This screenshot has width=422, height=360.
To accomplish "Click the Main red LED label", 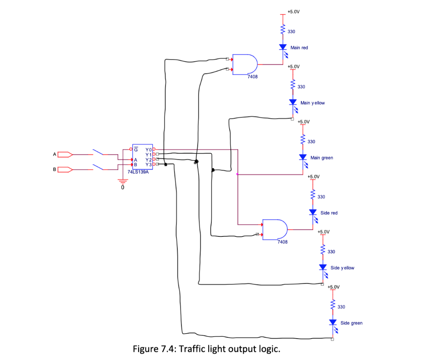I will tap(299, 48).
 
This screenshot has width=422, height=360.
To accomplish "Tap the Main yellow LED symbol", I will tap(293, 102).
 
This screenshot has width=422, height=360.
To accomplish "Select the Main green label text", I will tap(321, 158).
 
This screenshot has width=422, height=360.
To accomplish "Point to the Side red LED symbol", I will tap(313, 212).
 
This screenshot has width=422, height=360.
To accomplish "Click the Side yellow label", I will tap(342, 268).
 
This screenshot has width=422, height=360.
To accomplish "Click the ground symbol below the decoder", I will tap(122, 180).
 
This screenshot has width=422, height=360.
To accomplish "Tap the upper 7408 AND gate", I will tap(245, 65).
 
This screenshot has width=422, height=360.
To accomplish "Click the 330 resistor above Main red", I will tap(283, 30).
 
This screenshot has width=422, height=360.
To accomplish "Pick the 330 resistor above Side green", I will tap(333, 305).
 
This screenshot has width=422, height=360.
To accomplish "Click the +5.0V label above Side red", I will tap(314, 176).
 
